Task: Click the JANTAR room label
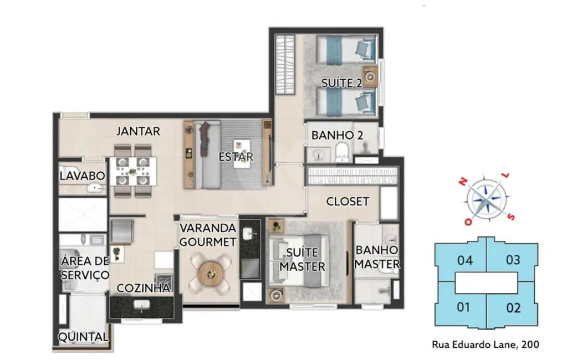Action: click(x=138, y=131)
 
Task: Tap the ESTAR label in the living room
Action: click(x=236, y=157)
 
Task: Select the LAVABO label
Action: click(x=83, y=176)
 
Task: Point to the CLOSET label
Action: click(x=348, y=202)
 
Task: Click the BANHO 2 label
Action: click(x=337, y=135)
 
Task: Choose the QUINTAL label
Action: click(x=83, y=337)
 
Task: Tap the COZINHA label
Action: click(x=144, y=288)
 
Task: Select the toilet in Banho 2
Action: click(x=342, y=152)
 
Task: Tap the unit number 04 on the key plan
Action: click(x=464, y=260)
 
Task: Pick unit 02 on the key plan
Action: click(x=513, y=308)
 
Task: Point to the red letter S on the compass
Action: click(x=512, y=217)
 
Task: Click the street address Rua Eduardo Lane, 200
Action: click(x=485, y=344)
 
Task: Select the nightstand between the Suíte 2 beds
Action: click(x=370, y=76)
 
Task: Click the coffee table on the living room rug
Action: click(x=242, y=153)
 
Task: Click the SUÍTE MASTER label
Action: click(x=302, y=259)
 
